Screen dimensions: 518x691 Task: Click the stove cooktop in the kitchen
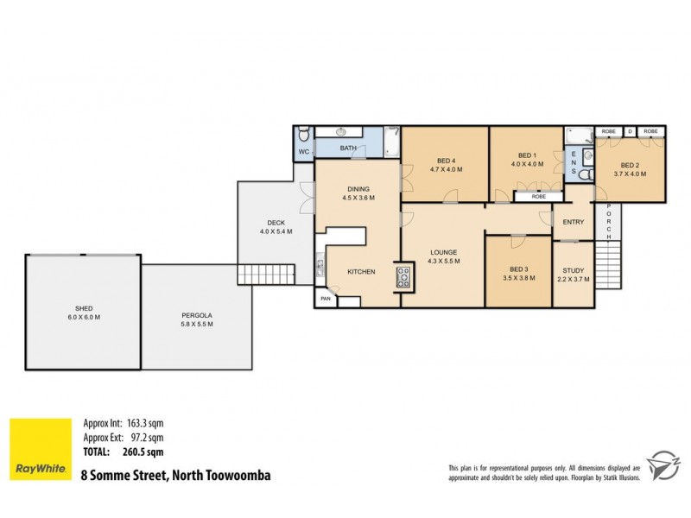click(x=402, y=276)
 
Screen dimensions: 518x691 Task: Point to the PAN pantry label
click(x=326, y=299)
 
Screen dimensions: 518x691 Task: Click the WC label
click(x=304, y=152)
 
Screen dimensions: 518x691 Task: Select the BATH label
click(x=348, y=148)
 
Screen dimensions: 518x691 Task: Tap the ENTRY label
click(x=573, y=223)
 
